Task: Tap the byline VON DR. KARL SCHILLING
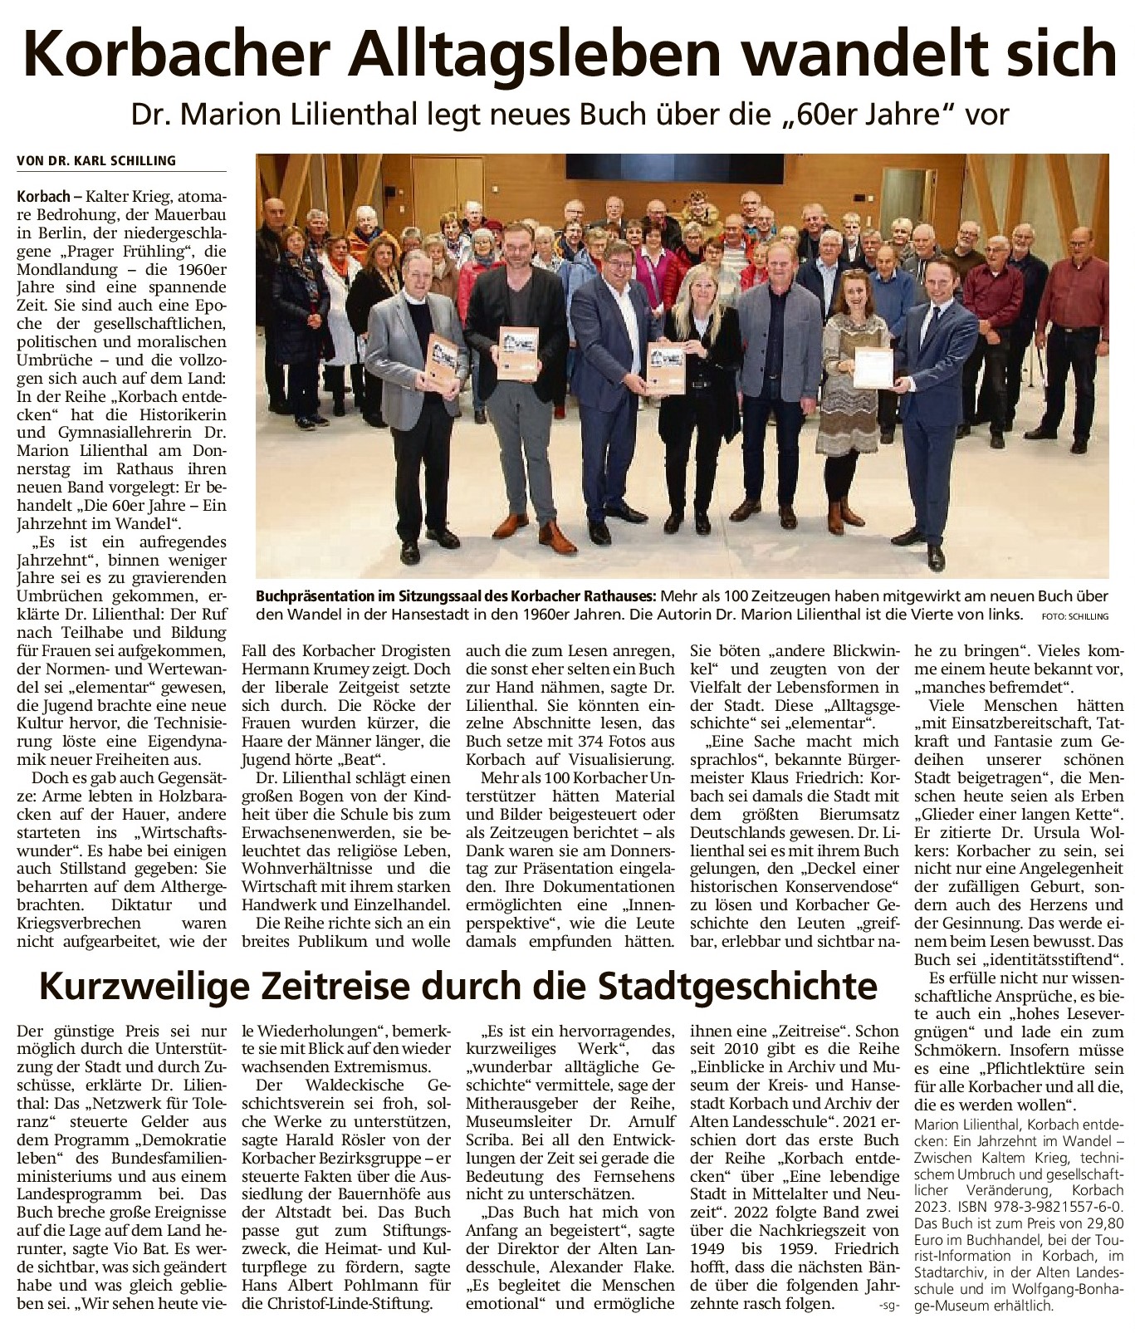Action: tap(96, 160)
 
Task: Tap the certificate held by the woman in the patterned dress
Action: tap(873, 367)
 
